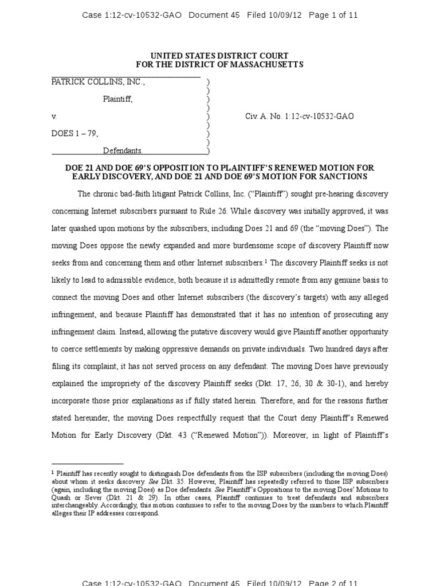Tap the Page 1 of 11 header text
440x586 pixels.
click(x=333, y=15)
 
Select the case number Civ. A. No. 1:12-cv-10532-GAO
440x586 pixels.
click(x=299, y=116)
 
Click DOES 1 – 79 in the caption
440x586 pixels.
click(x=74, y=133)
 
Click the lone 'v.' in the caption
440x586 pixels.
click(x=54, y=116)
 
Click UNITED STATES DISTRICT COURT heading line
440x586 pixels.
click(x=219, y=56)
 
